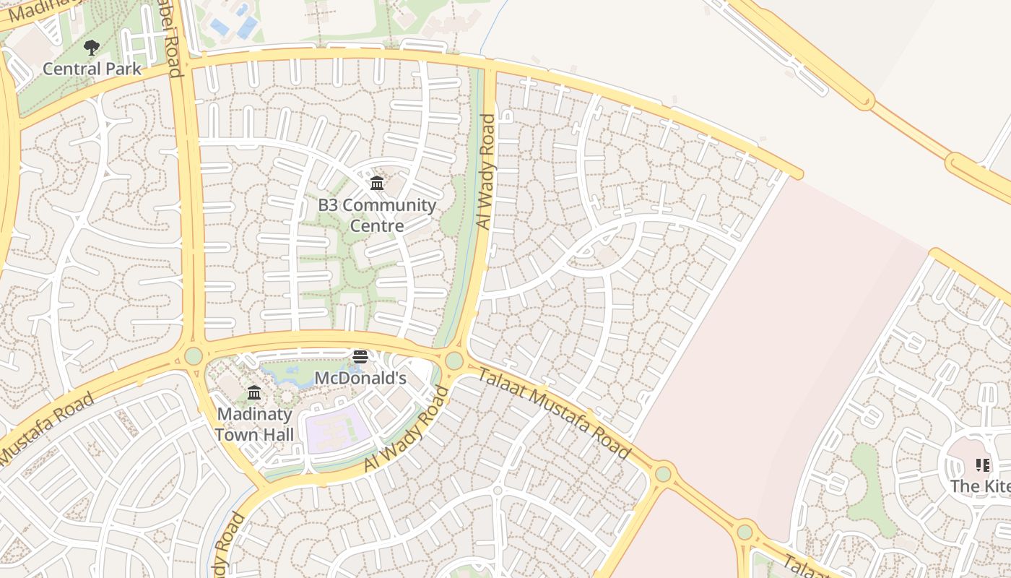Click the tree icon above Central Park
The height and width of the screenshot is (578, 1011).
(91, 48)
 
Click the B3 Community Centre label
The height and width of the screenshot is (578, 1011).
(377, 215)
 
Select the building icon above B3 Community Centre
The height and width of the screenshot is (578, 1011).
(377, 184)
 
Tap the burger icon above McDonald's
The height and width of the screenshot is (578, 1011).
(360, 356)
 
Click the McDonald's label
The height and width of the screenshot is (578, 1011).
(360, 378)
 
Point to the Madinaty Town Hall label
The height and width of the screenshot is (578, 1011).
(254, 424)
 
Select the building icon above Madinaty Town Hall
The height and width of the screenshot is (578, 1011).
(254, 393)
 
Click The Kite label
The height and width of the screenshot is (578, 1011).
(980, 486)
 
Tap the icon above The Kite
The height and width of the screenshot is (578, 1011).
(982, 465)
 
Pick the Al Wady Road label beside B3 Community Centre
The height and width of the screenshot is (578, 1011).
(487, 172)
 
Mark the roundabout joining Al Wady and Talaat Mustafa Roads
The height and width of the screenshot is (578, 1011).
(454, 360)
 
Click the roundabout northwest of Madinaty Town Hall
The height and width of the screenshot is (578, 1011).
(194, 355)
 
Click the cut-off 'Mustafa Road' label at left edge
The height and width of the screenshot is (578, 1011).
(45, 428)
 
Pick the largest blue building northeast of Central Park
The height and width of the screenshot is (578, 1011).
(247, 27)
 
